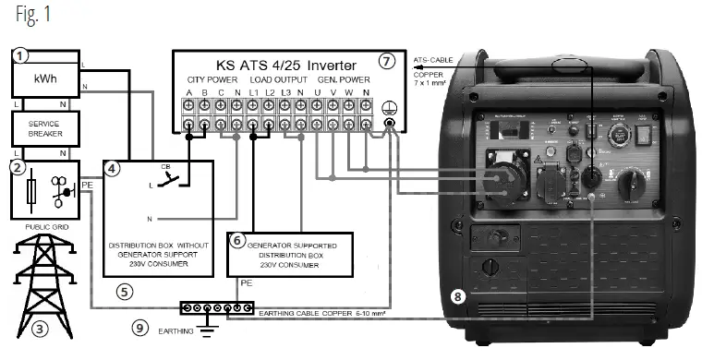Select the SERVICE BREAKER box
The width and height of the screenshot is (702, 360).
(x=43, y=130)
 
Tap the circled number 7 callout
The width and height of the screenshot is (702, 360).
(x=387, y=61)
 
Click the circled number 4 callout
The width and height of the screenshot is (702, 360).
(x=112, y=169)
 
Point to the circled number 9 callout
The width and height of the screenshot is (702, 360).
(x=138, y=327)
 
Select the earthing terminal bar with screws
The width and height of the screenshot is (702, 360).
(x=213, y=307)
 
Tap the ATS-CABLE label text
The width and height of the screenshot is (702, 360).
(x=434, y=56)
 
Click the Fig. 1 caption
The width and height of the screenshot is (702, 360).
(x=25, y=16)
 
